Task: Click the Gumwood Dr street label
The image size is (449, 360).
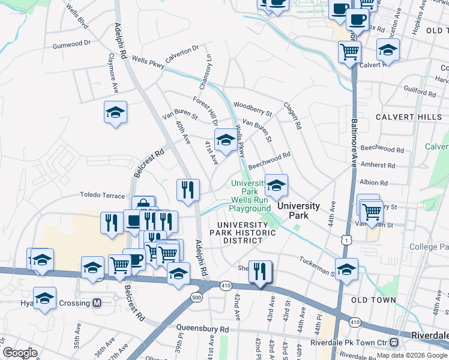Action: (x=71, y=44)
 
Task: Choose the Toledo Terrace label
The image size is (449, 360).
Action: (x=103, y=196)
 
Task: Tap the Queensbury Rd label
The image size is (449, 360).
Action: (x=203, y=329)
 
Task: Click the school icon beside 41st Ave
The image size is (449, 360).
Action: (x=225, y=141)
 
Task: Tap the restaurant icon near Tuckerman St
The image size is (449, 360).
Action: (x=260, y=271)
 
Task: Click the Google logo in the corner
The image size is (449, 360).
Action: (x=20, y=353)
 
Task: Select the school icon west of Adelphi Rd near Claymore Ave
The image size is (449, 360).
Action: (x=115, y=112)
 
